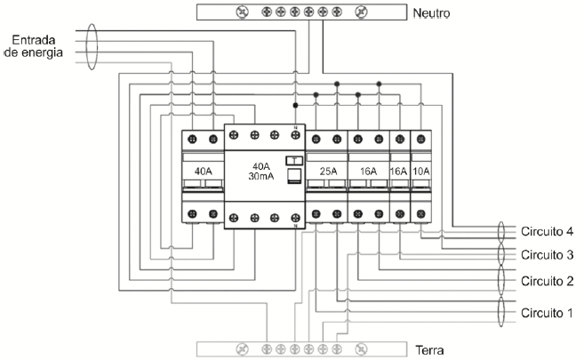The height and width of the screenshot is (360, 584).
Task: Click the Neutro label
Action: (431, 14)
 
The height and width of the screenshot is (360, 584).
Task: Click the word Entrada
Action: (36, 41)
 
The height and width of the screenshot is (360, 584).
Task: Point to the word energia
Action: (43, 53)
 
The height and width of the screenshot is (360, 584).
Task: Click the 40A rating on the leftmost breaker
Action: (202, 171)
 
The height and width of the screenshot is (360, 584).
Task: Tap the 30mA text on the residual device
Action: (260, 177)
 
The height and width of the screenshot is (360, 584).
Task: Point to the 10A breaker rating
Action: (421, 171)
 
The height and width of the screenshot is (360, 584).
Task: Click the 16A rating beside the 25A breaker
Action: (368, 171)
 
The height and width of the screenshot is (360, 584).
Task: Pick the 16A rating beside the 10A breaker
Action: (399, 171)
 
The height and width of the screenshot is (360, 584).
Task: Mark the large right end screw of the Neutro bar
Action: (361, 12)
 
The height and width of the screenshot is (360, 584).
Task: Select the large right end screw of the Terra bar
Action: (361, 349)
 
